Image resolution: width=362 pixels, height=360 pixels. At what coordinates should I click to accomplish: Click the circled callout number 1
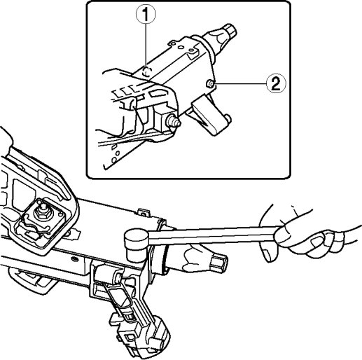point(146,15)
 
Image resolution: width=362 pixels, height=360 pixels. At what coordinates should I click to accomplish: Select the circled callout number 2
point(276,83)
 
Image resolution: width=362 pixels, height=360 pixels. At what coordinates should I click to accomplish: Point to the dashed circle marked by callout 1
point(147,71)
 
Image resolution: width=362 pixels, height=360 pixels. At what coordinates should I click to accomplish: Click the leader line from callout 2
point(241,83)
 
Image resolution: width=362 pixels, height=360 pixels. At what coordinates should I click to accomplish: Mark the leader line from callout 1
point(146,45)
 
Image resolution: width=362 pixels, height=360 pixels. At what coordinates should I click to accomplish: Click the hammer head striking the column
point(136,243)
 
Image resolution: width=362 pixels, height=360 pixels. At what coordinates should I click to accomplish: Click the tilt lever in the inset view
point(211,116)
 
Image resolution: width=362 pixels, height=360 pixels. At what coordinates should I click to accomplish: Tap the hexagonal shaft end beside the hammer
point(219,263)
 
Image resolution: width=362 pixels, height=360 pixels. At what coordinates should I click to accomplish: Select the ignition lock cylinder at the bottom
point(146,336)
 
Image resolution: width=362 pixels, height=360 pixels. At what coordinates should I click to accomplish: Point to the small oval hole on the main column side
point(75,258)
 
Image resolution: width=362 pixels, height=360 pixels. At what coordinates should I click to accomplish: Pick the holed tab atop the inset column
point(173,43)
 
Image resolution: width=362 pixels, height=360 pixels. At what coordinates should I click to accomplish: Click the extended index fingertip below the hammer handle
point(267,254)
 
